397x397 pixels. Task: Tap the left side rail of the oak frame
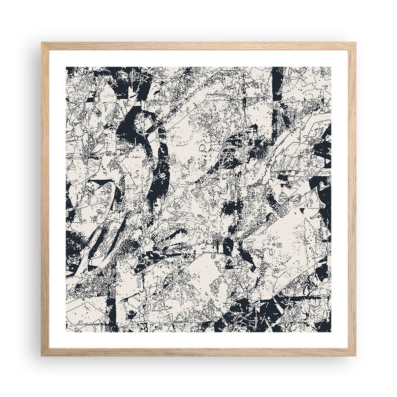click(x=44, y=198)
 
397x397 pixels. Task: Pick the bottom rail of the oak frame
click(x=198, y=353)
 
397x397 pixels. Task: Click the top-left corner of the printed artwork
click(x=66, y=66)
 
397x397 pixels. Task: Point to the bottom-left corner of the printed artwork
click(x=66, y=331)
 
